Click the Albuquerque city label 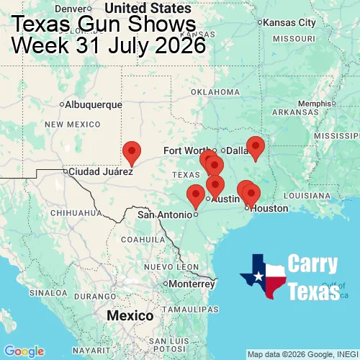pyautogui.click(x=94, y=104)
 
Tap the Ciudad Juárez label pyautogui.click(x=100, y=172)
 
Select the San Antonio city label pyautogui.click(x=165, y=215)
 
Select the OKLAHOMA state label pyautogui.click(x=214, y=91)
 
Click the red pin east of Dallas pyautogui.click(x=256, y=148)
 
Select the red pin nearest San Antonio pyautogui.click(x=195, y=196)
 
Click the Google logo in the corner pyautogui.click(x=23, y=351)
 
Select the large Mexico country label pyautogui.click(x=130, y=316)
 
